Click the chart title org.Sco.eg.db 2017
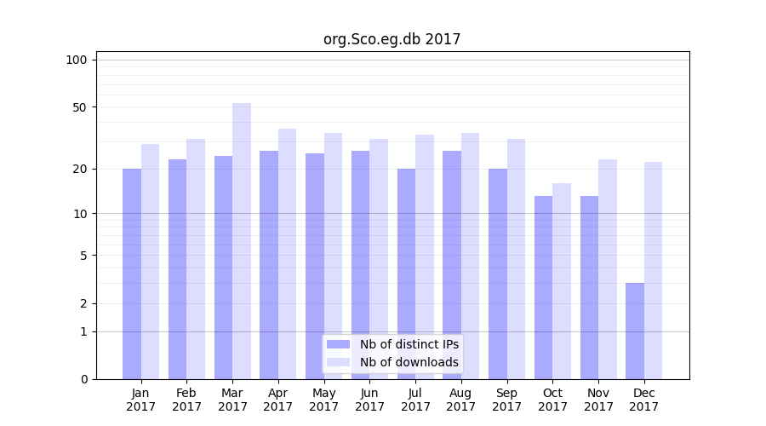(392, 39)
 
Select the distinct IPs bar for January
(132, 273)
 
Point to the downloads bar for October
(562, 281)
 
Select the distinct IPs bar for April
(269, 264)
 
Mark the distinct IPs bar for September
(498, 273)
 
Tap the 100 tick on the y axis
(77, 60)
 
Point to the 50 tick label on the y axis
(80, 107)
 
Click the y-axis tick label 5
(83, 256)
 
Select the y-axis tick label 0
(83, 379)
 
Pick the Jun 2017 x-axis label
(369, 400)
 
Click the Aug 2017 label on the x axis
(461, 400)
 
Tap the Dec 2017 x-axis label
(644, 400)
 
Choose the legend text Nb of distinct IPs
(409, 344)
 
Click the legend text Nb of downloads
(409, 362)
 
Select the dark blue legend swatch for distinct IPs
(339, 344)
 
